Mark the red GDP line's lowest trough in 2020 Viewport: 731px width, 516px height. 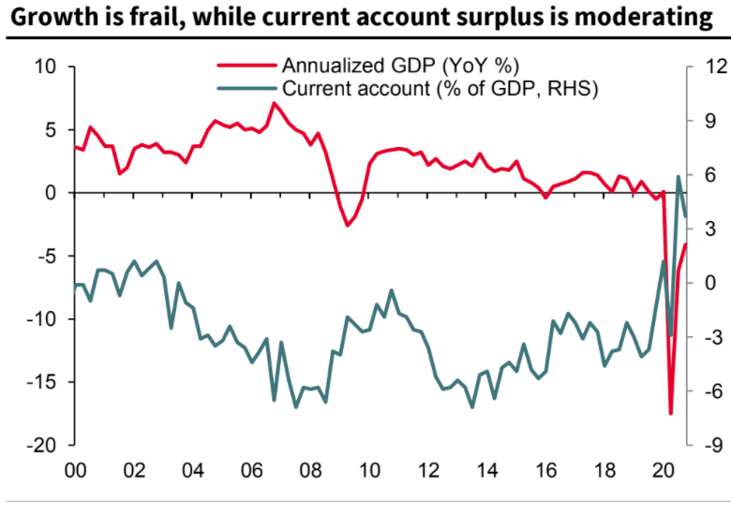[x=670, y=413]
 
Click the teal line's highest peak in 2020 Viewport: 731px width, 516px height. [x=679, y=176]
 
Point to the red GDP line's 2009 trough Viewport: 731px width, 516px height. [x=347, y=226]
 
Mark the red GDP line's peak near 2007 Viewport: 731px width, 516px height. [x=273, y=103]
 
